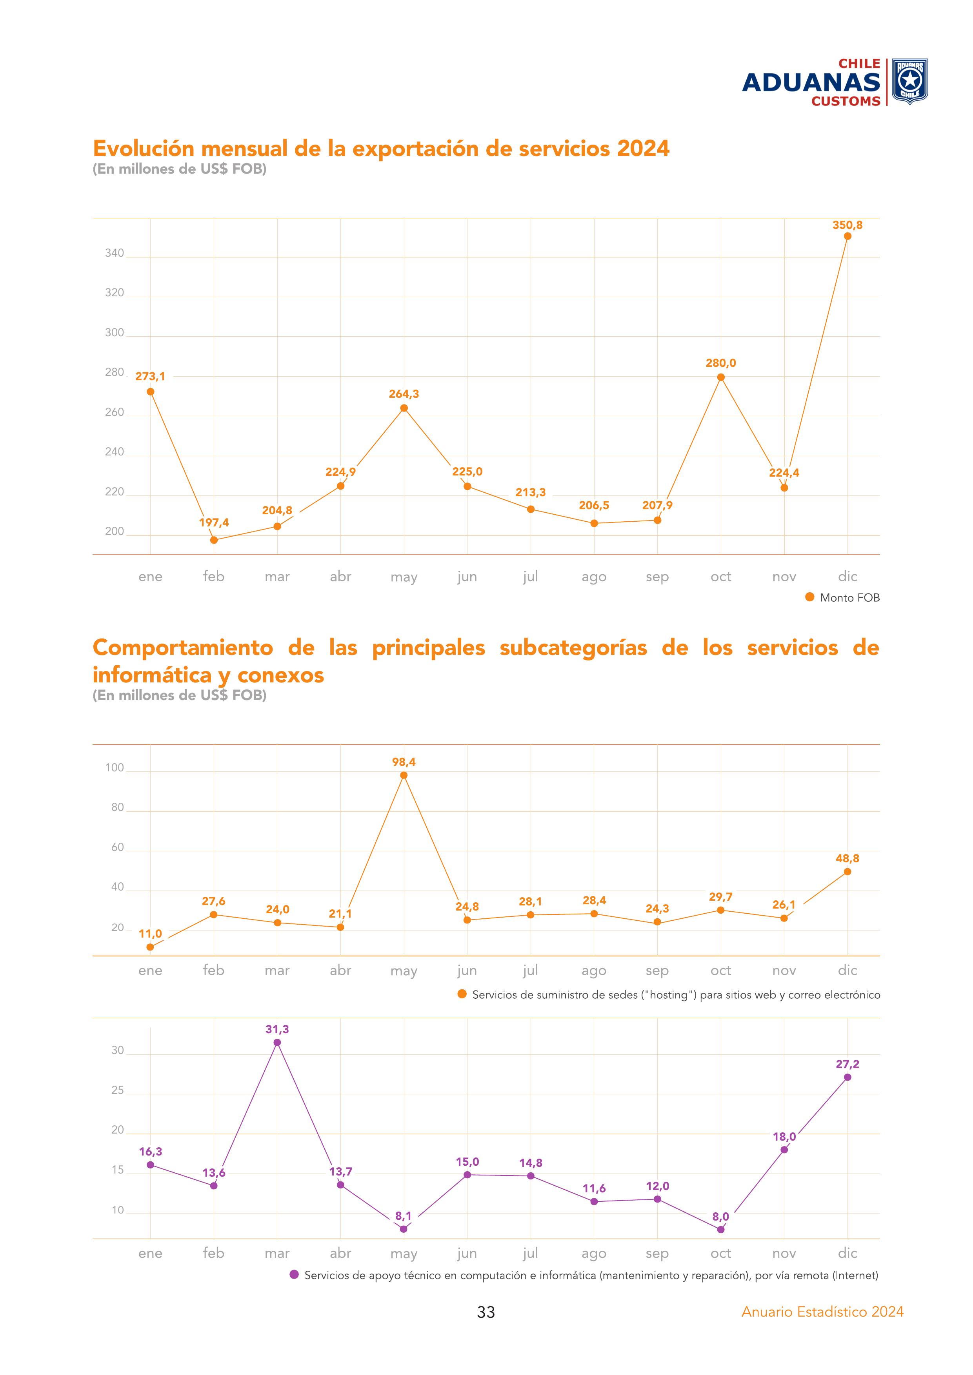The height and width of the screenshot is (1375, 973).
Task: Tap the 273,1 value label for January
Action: pyautogui.click(x=150, y=377)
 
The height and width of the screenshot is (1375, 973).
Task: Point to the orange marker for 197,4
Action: pyautogui.click(x=214, y=540)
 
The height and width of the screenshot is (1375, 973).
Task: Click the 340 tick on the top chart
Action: pyautogui.click(x=115, y=253)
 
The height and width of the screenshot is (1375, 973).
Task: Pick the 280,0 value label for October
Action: pyautogui.click(x=721, y=363)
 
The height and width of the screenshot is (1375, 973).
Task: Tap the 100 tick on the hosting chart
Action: pyautogui.click(x=115, y=768)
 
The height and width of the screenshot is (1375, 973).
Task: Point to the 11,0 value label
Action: pyautogui.click(x=150, y=934)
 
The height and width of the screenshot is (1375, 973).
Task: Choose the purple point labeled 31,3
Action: pyautogui.click(x=277, y=1042)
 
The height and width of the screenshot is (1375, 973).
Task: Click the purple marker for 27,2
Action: pyautogui.click(x=847, y=1078)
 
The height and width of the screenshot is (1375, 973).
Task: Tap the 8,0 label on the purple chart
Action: pyautogui.click(x=721, y=1217)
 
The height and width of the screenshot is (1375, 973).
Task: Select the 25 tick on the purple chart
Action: pyautogui.click(x=117, y=1090)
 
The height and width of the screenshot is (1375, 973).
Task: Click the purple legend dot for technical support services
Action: pyautogui.click(x=294, y=1275)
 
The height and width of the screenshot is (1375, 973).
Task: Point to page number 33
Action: pyautogui.click(x=486, y=1312)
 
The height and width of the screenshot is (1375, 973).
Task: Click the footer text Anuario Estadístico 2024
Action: pyautogui.click(x=822, y=1312)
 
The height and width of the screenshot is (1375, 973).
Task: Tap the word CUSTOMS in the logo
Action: pyautogui.click(x=846, y=101)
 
